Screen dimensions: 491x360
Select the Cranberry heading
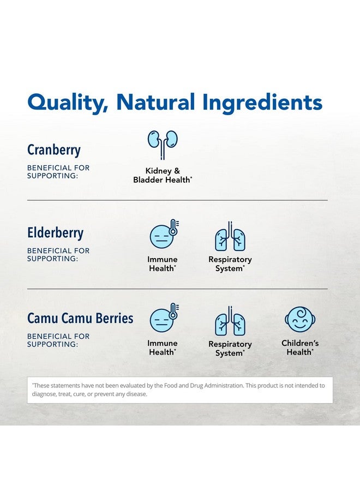pyautogui.click(x=54, y=150)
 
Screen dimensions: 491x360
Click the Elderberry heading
pyautogui.click(x=56, y=233)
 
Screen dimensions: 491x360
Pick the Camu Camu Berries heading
pyautogui.click(x=80, y=318)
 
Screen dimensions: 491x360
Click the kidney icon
pyautogui.click(x=163, y=145)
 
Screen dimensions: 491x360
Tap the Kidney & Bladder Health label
pyautogui.click(x=163, y=175)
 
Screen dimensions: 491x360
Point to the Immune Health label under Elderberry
pyautogui.click(x=163, y=264)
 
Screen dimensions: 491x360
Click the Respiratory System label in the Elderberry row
pyautogui.click(x=230, y=264)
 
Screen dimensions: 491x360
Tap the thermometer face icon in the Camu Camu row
pyautogui.click(x=164, y=319)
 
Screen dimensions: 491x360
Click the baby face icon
pyautogui.click(x=299, y=320)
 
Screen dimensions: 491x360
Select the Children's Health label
pyautogui.click(x=300, y=348)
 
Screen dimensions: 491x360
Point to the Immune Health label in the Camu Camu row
pyautogui.click(x=163, y=348)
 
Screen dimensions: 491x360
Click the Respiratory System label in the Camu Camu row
pyautogui.click(x=230, y=349)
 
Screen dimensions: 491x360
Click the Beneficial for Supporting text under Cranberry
pyautogui.click(x=58, y=172)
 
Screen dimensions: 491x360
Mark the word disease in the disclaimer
pyautogui.click(x=137, y=394)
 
